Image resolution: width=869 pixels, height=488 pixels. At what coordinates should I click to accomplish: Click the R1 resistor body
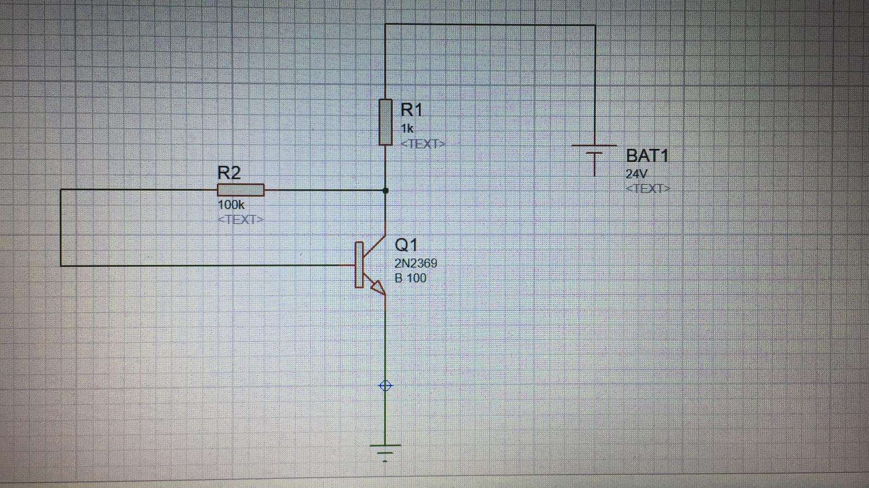(x=385, y=122)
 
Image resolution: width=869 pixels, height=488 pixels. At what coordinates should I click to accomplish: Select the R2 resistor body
(x=241, y=190)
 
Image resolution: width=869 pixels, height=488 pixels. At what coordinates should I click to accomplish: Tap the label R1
(x=411, y=110)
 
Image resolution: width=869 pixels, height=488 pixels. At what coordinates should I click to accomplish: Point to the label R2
(x=229, y=173)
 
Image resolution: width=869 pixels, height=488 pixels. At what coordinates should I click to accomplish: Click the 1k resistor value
(x=407, y=128)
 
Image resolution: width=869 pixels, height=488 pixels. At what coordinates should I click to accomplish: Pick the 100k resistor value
(x=231, y=205)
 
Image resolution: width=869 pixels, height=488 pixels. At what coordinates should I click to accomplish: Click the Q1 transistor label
(x=406, y=245)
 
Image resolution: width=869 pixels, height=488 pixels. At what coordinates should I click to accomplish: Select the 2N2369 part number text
(x=416, y=264)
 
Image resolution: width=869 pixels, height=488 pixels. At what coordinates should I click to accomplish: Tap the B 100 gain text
(x=411, y=278)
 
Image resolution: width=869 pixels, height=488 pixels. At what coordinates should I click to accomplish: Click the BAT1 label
(x=647, y=156)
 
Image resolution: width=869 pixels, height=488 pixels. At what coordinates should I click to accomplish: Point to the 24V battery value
(x=636, y=174)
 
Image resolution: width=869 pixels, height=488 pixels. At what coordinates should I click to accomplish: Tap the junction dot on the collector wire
(x=385, y=191)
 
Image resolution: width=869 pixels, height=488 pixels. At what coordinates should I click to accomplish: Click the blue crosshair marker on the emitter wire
(x=385, y=385)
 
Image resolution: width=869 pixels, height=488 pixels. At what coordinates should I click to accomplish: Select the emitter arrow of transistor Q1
(x=377, y=287)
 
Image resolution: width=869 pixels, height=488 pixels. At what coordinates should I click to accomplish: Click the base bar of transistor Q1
(x=359, y=265)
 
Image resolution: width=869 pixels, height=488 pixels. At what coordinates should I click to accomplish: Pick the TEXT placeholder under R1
(x=423, y=144)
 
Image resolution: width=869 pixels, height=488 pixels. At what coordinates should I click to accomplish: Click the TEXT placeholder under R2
(x=241, y=220)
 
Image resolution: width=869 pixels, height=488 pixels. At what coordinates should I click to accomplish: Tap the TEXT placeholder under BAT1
(x=648, y=189)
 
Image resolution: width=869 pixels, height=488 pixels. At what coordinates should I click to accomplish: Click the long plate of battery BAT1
(x=594, y=145)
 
